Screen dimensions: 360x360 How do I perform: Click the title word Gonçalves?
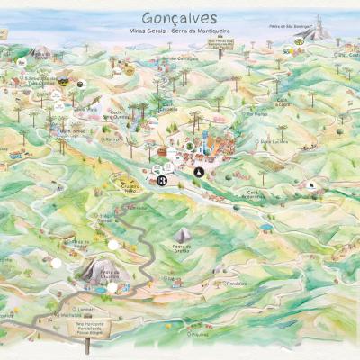(180, 18)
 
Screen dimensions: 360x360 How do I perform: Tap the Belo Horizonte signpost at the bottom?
(87, 330)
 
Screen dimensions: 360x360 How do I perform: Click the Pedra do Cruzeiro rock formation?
(99, 270)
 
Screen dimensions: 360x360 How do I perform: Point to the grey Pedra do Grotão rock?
(184, 236)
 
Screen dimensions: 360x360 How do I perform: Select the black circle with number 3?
(162, 181)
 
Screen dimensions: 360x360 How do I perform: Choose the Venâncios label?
(236, 283)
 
